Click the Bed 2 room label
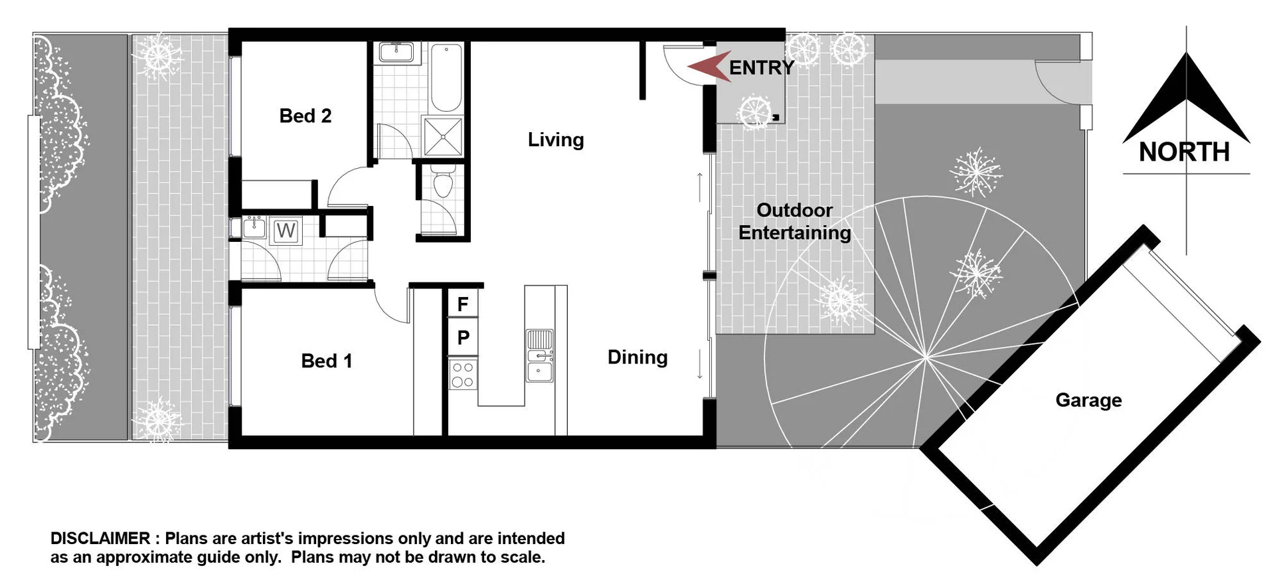(x=305, y=116)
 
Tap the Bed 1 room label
(x=326, y=361)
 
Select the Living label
(x=556, y=140)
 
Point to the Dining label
(x=637, y=357)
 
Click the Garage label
(x=1088, y=400)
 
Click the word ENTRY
(x=762, y=68)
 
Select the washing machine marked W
(x=286, y=231)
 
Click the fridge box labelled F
(x=463, y=304)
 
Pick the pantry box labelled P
(x=463, y=338)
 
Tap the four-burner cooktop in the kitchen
(x=463, y=374)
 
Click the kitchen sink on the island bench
(x=539, y=356)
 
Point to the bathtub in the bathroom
(x=446, y=77)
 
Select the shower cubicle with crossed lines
(x=443, y=136)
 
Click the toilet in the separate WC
(x=442, y=183)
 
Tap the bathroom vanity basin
(x=396, y=52)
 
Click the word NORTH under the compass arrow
(x=1184, y=152)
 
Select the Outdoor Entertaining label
(x=794, y=221)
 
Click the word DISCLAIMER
(x=100, y=538)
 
